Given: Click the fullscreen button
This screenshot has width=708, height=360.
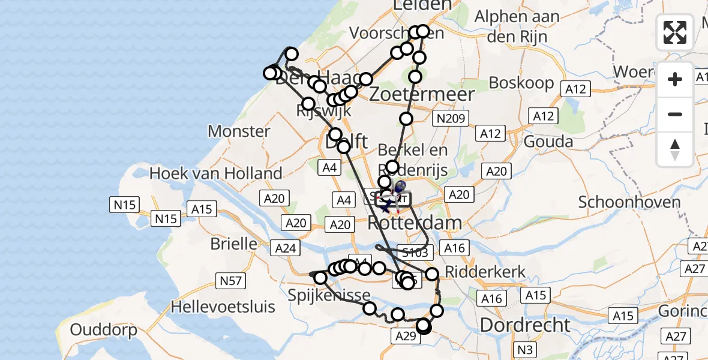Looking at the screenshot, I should tap(675, 32).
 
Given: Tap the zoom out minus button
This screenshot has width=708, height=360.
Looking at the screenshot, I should tap(675, 114).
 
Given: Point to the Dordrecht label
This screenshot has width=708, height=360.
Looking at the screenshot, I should tap(525, 325).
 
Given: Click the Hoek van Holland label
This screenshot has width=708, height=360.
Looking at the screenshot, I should tap(215, 174).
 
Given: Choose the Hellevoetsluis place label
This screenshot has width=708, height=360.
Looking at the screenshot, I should tap(223, 307).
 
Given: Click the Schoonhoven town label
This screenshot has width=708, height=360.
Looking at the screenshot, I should tap(629, 202).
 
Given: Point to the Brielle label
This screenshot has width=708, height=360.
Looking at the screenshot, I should tap(233, 245).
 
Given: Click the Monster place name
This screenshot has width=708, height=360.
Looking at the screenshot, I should tap(239, 131).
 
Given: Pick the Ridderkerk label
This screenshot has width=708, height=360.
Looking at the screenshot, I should tap(485, 271).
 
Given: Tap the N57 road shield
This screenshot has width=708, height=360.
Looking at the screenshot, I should tap(230, 279).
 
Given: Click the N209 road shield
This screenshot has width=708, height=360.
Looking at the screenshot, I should tap(451, 119).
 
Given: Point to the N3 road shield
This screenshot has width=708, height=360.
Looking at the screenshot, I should tap(525, 347).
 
